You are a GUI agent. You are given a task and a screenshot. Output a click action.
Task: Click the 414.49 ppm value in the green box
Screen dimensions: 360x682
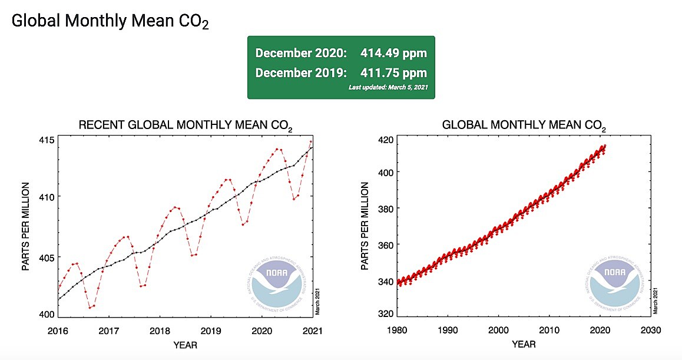[394, 53]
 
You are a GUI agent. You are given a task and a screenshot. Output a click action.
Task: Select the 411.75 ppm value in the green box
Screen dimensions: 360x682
[394, 73]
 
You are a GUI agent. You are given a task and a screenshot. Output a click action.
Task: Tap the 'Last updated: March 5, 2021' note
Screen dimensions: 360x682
[388, 87]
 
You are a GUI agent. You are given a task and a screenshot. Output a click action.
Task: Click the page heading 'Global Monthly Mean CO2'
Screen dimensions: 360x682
[110, 21]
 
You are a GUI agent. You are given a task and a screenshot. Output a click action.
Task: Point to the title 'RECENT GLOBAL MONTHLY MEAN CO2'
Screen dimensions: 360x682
[186, 125]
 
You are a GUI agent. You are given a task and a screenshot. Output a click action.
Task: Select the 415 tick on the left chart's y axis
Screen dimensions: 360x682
[47, 140]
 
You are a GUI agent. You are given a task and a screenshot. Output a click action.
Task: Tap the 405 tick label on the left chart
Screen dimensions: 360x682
[47, 257]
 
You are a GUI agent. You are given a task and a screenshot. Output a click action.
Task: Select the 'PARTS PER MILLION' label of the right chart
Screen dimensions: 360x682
[366, 226]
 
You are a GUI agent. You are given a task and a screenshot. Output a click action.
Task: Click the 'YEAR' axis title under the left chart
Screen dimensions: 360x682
[185, 344]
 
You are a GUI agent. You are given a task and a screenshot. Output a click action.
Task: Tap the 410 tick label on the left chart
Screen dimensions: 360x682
[47, 197]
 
